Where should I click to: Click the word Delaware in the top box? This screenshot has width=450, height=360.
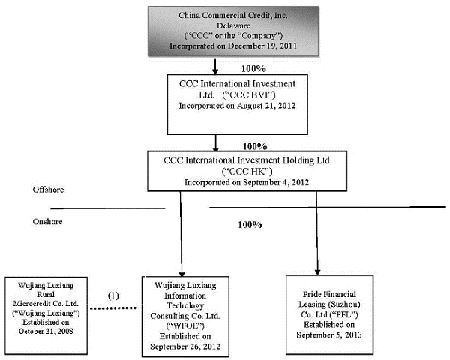pyautogui.click(x=233, y=25)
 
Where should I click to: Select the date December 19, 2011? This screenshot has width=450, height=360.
pyautogui.click(x=262, y=46)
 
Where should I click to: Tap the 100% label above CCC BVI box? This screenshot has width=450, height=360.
pyautogui.click(x=253, y=68)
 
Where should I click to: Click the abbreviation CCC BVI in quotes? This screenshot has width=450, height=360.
pyautogui.click(x=248, y=94)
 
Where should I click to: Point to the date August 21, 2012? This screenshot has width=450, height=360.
pyautogui.click(x=266, y=106)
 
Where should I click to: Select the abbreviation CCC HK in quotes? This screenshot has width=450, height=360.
pyautogui.click(x=247, y=172)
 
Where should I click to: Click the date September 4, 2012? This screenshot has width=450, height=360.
pyautogui.click(x=276, y=182)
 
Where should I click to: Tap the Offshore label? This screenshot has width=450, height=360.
pyautogui.click(x=48, y=190)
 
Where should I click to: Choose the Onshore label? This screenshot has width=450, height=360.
pyautogui.click(x=47, y=222)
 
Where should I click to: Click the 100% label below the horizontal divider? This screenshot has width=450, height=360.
pyautogui.click(x=250, y=224)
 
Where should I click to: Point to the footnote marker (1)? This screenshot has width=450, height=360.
pyautogui.click(x=113, y=295)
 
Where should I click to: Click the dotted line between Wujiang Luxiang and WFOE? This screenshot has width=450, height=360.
pyautogui.click(x=113, y=308)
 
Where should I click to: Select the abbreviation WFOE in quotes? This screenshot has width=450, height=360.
pyautogui.click(x=185, y=325)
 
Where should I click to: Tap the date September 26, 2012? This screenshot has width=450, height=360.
pyautogui.click(x=185, y=346)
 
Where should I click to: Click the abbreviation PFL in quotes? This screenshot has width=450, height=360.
pyautogui.click(x=343, y=315)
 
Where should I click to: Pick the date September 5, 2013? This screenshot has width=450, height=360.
pyautogui.click(x=329, y=334)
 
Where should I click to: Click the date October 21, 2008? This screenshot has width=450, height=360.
pyautogui.click(x=46, y=331)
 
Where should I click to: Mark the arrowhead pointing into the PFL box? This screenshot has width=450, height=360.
pyautogui.click(x=317, y=271)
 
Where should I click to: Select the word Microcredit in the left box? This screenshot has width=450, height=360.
pyautogui.click(x=29, y=304)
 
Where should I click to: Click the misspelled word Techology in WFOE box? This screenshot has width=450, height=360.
pyautogui.click(x=185, y=306)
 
